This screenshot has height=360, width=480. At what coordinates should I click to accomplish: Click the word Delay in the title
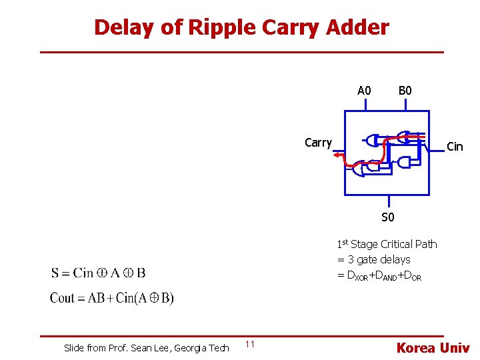click(x=117, y=27)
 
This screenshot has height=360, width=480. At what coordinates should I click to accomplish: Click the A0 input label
click(x=364, y=91)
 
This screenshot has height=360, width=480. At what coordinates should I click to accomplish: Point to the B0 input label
click(x=405, y=91)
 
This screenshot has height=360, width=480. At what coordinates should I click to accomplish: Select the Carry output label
click(x=318, y=142)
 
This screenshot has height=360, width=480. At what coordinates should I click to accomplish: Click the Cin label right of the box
click(x=454, y=147)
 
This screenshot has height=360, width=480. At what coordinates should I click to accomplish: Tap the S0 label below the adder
click(x=387, y=217)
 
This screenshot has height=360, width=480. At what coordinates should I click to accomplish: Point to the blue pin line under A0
click(x=364, y=105)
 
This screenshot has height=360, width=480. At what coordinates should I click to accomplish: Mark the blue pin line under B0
click(x=405, y=105)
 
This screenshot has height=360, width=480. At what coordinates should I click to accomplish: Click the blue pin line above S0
click(x=389, y=202)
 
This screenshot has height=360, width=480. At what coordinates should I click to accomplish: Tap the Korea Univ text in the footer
click(x=433, y=347)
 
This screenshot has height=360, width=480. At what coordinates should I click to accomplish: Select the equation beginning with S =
click(x=98, y=273)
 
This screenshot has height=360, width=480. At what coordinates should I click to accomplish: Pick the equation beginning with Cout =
click(x=111, y=298)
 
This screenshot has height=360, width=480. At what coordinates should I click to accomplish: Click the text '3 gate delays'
click(x=379, y=259)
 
